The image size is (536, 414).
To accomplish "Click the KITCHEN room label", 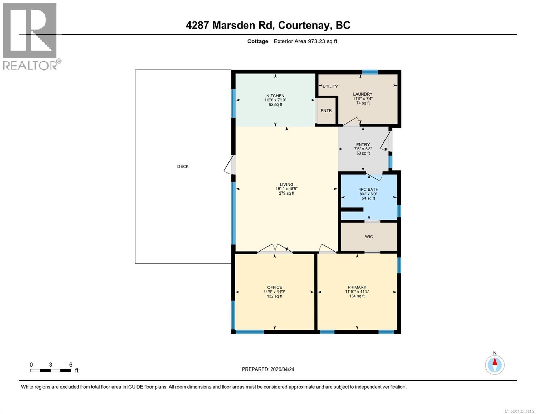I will coord(275,96).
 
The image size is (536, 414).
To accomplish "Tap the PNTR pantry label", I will coord(326,111).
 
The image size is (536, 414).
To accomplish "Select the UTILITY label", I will coord(330,86).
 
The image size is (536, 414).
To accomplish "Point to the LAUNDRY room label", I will coord(363,94).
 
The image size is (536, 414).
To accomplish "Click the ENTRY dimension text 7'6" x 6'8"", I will coord(363,149).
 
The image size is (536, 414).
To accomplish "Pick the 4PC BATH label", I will coord(368,189).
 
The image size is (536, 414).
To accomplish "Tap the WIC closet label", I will coord(369,237).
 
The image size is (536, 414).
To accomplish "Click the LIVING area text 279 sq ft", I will coord(286,193).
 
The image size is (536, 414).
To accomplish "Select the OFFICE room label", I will coord(274,287).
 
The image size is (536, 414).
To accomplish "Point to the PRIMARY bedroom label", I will coord(357,287).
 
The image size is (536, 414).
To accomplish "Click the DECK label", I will coord(183,166).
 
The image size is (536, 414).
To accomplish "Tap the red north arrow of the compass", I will coord(495,362).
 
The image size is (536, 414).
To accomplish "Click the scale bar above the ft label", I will coord(50,371).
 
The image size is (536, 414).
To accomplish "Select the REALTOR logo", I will coord(30,36).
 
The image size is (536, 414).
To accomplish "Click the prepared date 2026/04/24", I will coord(282,369).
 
